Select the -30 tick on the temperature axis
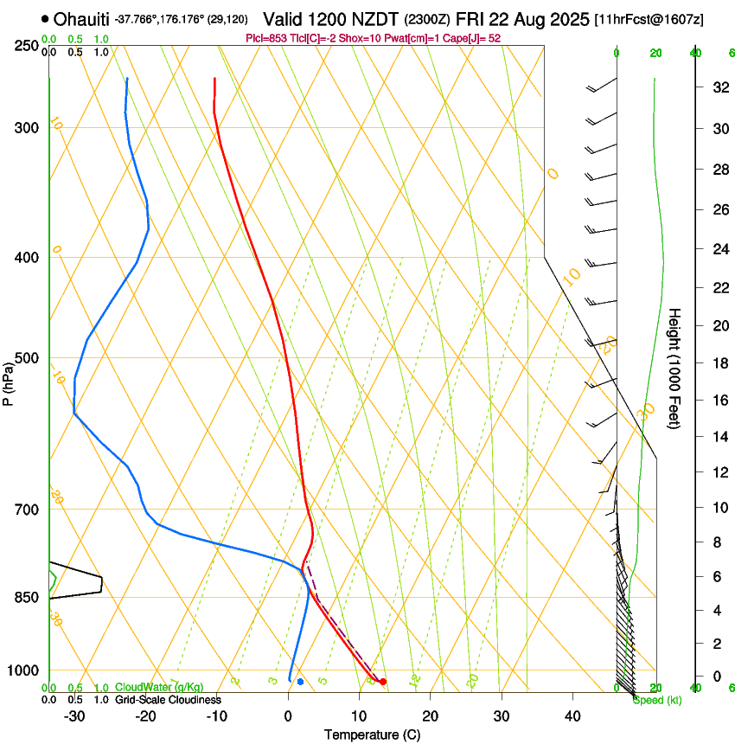coord(74,715)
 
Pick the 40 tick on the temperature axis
coord(572,715)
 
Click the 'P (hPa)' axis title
coord(9,381)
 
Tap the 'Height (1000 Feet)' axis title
coord(674,368)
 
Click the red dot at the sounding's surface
coord(383,682)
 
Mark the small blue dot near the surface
coord(300,682)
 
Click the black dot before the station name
coord(44,18)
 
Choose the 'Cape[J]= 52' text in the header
coord(472,38)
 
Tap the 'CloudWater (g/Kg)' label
coord(159,687)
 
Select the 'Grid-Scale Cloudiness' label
coord(168,699)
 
